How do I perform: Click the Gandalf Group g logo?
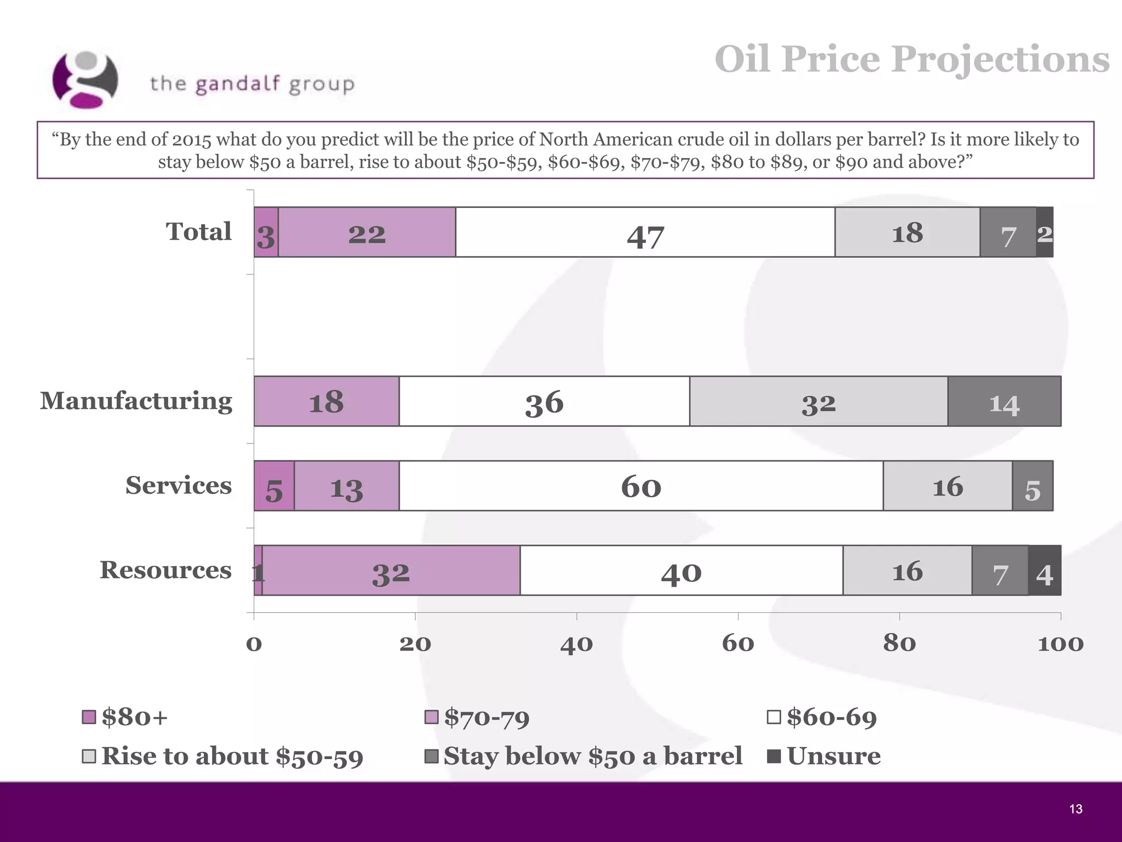(85, 80)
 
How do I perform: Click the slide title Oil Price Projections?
(912, 59)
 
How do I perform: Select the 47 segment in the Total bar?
(645, 232)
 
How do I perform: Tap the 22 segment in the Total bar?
(367, 232)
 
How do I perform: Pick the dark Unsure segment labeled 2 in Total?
(1044, 232)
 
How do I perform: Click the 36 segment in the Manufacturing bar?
(544, 401)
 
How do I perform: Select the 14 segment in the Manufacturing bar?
(1004, 401)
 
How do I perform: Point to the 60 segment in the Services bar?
(640, 486)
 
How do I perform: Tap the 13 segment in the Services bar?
(346, 486)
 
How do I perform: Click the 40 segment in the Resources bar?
(681, 571)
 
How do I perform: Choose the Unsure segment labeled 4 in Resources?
(1044, 571)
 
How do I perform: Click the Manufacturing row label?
(136, 401)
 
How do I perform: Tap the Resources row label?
(165, 570)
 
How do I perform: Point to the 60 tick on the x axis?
(737, 643)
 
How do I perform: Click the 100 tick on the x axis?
(1060, 643)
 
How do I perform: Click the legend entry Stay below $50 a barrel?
(583, 756)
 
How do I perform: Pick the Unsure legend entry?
(825, 756)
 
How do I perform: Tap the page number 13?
(1075, 809)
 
